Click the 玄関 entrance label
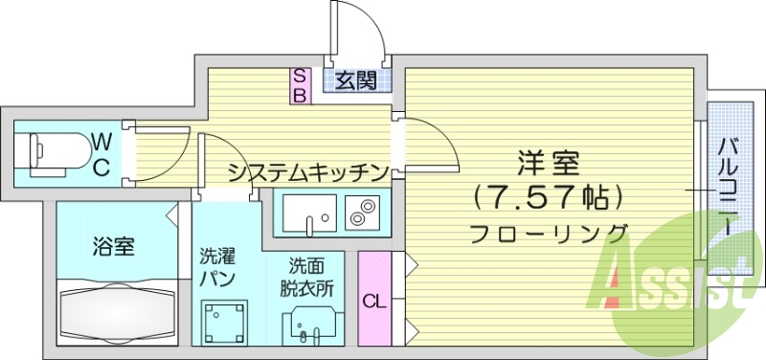355,80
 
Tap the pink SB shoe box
299,85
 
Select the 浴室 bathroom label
113,246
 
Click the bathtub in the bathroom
118,311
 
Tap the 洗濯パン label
217,268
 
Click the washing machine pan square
224,322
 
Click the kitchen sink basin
308,214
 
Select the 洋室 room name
549,160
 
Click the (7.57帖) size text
549,197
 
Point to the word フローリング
549,233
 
